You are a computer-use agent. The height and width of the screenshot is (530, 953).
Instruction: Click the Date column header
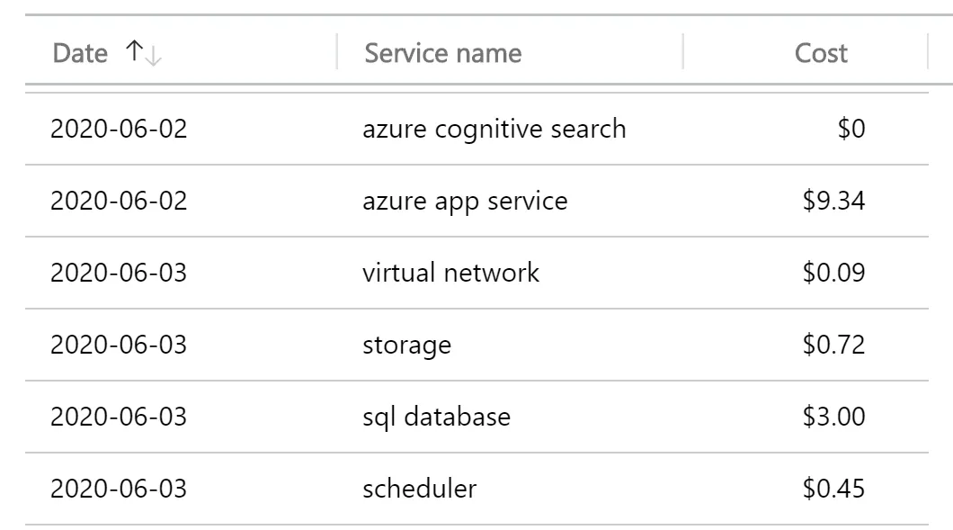(80, 54)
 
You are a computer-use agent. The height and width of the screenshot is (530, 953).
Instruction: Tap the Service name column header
(443, 54)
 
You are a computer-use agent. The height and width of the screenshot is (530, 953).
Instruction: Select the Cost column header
(821, 54)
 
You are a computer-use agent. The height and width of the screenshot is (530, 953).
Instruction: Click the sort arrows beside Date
(144, 53)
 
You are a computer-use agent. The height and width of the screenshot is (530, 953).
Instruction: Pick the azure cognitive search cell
(494, 130)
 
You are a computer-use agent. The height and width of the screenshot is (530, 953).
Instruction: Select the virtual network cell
(450, 273)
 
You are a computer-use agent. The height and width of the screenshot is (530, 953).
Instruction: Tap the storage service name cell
(406, 346)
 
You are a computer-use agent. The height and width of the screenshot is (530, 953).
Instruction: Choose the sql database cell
(436, 418)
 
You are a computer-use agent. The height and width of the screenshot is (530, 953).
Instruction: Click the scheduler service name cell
(419, 489)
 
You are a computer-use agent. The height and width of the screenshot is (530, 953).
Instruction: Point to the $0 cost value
(851, 129)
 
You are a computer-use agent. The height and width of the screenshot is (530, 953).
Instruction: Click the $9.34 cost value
(833, 201)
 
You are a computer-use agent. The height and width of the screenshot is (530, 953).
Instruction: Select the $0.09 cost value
(833, 273)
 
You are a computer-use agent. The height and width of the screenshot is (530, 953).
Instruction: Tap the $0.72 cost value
(833, 345)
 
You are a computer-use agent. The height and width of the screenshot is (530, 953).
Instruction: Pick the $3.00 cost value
(833, 417)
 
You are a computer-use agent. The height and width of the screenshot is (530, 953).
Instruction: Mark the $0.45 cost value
(833, 489)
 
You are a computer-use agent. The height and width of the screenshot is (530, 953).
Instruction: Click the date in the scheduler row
(119, 489)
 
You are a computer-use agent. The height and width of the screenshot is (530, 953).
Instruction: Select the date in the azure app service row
(119, 201)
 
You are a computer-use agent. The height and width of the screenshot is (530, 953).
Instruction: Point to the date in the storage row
(119, 345)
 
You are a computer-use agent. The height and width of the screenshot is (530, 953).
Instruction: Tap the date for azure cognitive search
(119, 129)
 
